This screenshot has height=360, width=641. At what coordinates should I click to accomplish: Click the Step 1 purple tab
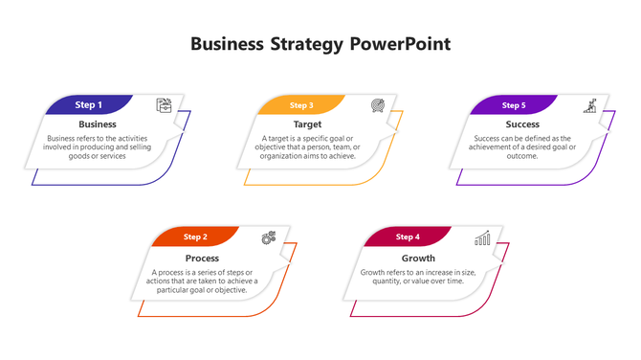point(89,104)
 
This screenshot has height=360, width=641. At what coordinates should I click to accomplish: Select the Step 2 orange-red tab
point(195,236)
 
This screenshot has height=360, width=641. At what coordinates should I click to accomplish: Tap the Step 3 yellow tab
point(301,105)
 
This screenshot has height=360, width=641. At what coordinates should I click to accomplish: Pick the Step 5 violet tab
point(514,105)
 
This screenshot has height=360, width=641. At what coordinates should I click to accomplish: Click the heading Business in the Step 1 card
point(98,124)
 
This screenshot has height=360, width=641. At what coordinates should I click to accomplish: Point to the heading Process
point(202,258)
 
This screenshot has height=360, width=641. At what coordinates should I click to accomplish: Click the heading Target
point(308,124)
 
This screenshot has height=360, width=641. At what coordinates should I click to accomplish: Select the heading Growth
point(418,258)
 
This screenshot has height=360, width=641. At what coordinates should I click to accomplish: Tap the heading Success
point(522,124)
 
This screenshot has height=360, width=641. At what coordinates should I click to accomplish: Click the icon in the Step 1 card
point(165,105)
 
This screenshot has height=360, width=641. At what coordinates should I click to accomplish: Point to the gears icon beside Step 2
point(269,237)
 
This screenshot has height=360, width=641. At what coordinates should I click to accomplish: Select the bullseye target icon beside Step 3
point(378,104)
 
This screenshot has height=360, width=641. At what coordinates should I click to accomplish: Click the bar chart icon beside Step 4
point(483,236)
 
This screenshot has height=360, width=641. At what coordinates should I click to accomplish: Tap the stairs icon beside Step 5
point(591,104)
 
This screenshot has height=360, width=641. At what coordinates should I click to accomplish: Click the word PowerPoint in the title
point(400,44)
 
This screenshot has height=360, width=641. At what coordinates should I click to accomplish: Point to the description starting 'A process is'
point(202,281)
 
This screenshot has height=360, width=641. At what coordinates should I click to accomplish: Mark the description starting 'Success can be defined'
point(521,147)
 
